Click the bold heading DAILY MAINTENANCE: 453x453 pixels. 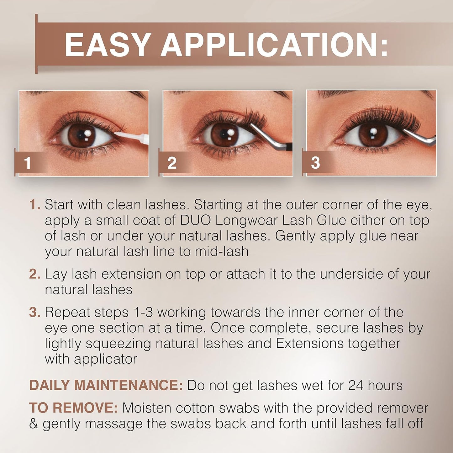click(x=106, y=385)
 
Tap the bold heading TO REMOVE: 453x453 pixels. click(x=73, y=408)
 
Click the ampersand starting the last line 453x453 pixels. click(x=34, y=424)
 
